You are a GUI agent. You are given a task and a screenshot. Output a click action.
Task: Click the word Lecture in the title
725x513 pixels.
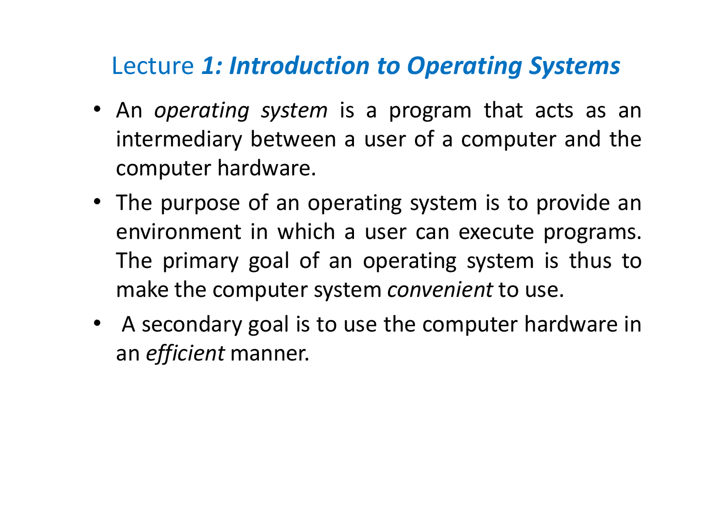click(152, 66)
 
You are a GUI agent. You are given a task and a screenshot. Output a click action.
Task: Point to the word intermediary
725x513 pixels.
click(179, 140)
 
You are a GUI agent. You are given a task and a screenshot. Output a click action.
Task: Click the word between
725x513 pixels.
click(293, 140)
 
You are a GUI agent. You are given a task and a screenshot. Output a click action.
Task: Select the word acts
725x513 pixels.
click(554, 111)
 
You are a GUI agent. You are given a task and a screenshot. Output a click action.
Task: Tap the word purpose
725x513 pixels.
click(200, 203)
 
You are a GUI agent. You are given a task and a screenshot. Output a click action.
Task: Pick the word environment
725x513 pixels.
click(178, 232)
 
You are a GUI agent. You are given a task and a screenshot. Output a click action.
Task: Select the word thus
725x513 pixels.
click(590, 261)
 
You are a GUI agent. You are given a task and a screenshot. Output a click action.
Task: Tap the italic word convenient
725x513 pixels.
click(440, 290)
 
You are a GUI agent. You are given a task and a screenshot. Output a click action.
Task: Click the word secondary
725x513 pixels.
click(191, 324)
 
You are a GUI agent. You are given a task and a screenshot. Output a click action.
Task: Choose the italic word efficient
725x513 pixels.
click(185, 354)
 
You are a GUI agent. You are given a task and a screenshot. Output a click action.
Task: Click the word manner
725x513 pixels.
click(269, 354)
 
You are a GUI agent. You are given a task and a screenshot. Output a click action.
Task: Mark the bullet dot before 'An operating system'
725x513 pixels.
click(97, 110)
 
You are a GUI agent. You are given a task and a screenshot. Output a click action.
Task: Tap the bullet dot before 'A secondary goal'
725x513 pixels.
click(97, 324)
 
